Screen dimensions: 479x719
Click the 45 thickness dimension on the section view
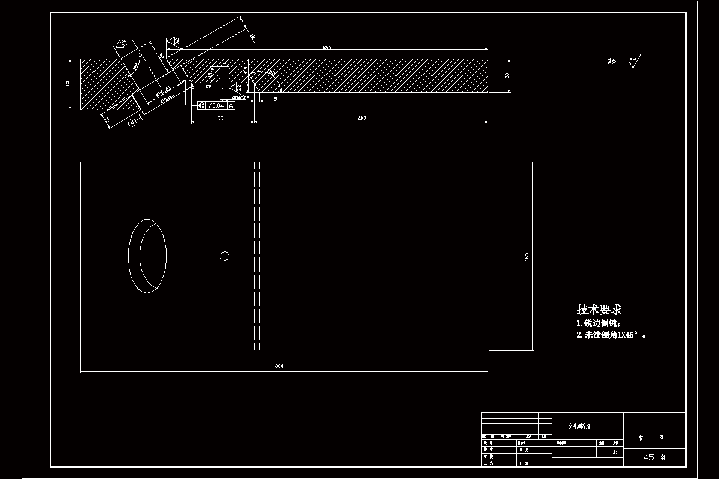[x=68, y=84]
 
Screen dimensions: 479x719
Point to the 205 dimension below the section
[x=362, y=118]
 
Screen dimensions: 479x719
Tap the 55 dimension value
[x=220, y=118]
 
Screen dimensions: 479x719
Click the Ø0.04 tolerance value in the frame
[x=216, y=105]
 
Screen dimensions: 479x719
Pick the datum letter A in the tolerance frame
[x=231, y=105]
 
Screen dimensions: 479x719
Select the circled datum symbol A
[x=132, y=123]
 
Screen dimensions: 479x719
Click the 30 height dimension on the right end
[x=507, y=75]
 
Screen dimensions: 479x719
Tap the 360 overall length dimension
[x=279, y=366]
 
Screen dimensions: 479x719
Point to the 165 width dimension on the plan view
[x=527, y=256]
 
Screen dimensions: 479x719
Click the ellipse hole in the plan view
[x=147, y=256]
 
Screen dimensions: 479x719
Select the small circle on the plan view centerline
[x=225, y=256]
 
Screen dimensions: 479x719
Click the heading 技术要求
[x=599, y=310]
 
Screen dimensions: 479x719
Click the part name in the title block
[x=579, y=426]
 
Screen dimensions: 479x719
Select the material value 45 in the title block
[x=649, y=457]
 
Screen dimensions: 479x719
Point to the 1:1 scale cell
[x=615, y=453]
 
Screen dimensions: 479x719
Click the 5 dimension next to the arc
[x=275, y=98]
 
